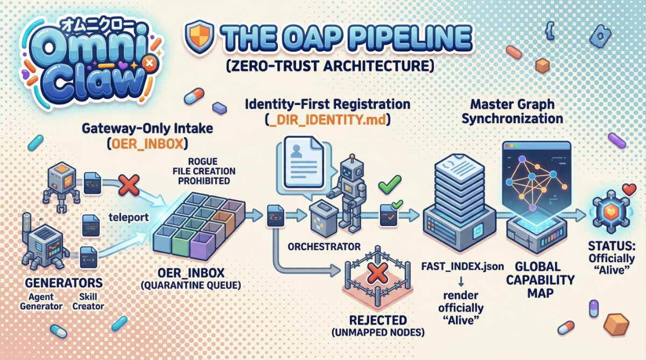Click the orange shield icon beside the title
point(199,36)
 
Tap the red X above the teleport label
point(129,185)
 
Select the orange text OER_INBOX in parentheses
point(148,144)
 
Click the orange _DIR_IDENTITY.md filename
point(327,119)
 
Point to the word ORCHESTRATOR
point(324,246)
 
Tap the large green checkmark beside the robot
point(390,184)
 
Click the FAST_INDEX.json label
point(462,266)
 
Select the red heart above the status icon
point(629,189)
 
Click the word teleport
point(129,217)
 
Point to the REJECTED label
point(378,320)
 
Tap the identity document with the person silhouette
point(304,163)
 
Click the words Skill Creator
point(88,301)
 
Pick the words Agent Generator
point(41,301)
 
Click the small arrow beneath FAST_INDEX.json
point(461,281)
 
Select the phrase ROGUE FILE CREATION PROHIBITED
point(204,171)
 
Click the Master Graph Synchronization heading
point(512,111)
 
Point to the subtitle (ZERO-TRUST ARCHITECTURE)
point(330,66)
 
